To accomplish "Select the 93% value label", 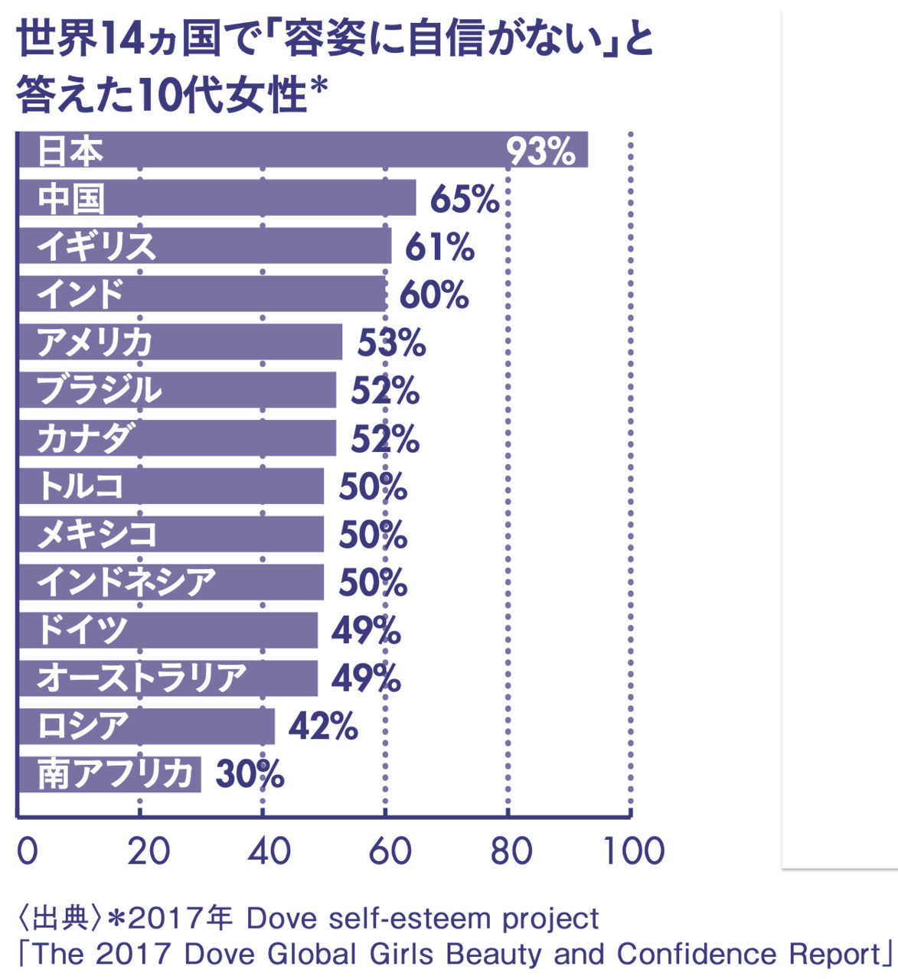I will point(540,151).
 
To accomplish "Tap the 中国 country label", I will point(71,199).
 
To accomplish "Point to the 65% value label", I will point(464,200).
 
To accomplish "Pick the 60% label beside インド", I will point(433,295).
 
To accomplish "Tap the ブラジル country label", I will point(100,390).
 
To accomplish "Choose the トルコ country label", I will point(81,486).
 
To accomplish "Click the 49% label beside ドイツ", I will point(365,631).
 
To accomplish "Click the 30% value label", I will point(250,775).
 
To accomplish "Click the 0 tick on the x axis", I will point(27,851).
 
